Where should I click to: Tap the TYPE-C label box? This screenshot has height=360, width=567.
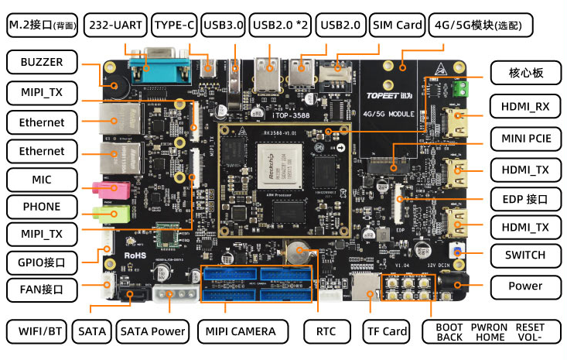(174, 26)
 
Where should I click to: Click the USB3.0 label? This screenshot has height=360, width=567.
(224, 26)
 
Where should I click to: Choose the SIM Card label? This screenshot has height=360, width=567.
(398, 26)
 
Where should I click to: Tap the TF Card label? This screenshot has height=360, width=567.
(385, 331)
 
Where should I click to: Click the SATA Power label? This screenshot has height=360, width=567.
(152, 331)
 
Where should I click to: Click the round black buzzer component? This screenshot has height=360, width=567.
(118, 87)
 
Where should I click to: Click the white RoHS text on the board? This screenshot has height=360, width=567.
(136, 253)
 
